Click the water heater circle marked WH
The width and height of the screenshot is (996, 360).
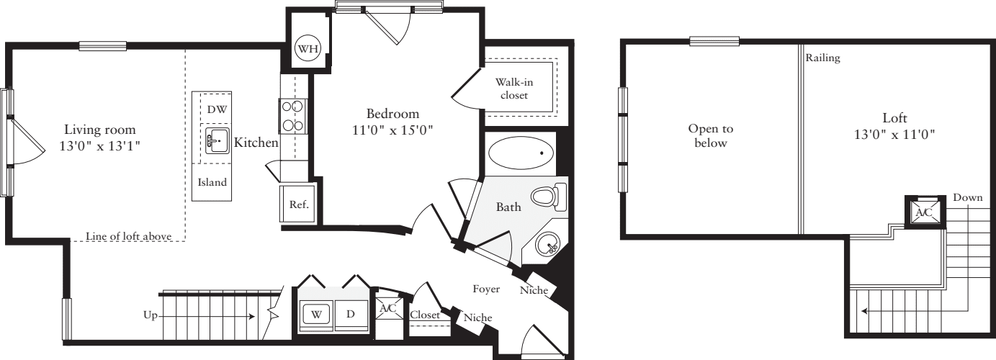tap(308, 48)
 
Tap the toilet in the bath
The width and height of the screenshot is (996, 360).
tap(547, 196)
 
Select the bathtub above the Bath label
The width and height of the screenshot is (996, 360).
tap(521, 153)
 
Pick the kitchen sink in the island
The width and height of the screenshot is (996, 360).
tap(217, 142)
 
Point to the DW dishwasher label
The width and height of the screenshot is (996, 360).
tap(215, 110)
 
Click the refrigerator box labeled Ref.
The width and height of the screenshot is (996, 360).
tap(299, 204)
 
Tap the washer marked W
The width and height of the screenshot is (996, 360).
tap(316, 315)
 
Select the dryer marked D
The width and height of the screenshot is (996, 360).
tap(351, 315)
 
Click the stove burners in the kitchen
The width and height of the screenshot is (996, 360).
tap(292, 116)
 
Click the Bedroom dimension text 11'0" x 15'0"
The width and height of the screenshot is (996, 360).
tap(392, 130)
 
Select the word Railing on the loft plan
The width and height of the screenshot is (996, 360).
tap(823, 58)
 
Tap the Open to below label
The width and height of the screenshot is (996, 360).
tap(710, 136)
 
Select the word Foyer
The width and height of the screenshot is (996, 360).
tap(486, 289)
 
